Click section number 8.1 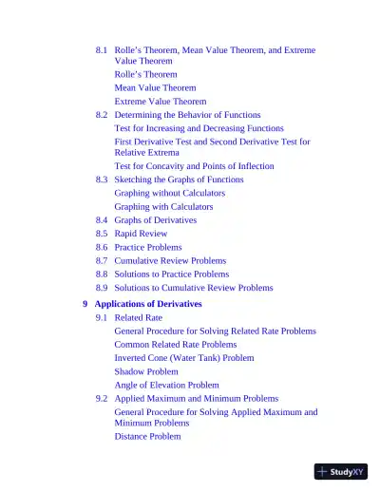(x=102, y=49)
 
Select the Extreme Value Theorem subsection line (x=160, y=101)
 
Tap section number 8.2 (x=102, y=114)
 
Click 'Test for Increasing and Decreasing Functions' (x=199, y=128)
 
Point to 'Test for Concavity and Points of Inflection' (x=194, y=166)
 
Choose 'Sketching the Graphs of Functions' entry (x=179, y=180)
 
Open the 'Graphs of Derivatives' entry (x=155, y=220)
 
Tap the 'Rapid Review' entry (x=141, y=234)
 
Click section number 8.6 (x=102, y=247)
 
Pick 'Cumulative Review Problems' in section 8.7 (x=170, y=260)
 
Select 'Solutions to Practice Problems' (x=171, y=274)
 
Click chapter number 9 (x=85, y=304)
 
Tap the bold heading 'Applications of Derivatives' (x=148, y=304)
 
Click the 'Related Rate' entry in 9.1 (x=138, y=318)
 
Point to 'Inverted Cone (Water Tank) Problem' (x=184, y=358)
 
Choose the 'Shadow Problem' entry (x=146, y=371)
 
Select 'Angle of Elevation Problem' (x=166, y=386)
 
